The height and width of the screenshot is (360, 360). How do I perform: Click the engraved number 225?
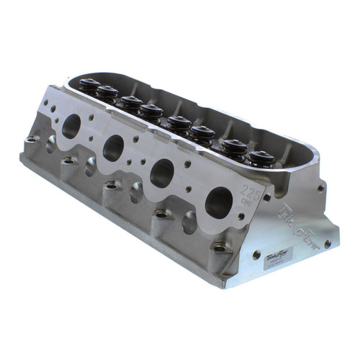coord(248,192)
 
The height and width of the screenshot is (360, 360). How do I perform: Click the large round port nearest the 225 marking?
coord(218,202)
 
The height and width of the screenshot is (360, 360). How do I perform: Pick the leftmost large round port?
coord(72,127)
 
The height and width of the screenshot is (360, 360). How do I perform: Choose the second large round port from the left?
coord(114,148)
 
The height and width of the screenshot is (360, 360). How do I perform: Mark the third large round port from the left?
coord(162,173)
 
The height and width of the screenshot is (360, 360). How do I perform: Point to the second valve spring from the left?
coord(107,91)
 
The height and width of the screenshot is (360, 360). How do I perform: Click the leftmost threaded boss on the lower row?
coord(31,140)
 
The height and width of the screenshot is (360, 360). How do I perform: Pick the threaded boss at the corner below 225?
coord(218,248)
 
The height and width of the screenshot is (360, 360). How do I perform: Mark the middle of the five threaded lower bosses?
coord(110,186)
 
